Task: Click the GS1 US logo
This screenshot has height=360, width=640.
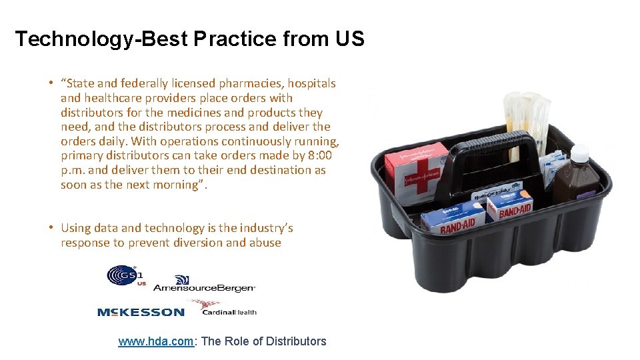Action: point(125,275)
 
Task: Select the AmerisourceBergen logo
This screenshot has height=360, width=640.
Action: point(203,285)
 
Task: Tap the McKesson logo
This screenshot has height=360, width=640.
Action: point(140,312)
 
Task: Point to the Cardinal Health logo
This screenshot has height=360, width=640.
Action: point(223,309)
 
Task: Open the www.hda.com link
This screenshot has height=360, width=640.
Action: point(156,341)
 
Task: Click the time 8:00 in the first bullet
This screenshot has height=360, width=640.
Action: point(322,155)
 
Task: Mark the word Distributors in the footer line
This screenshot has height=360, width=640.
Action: point(296,341)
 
